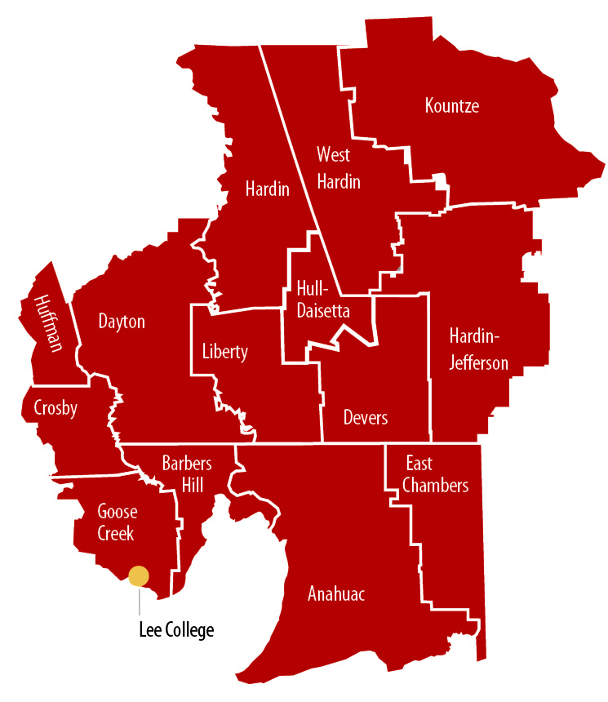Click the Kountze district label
coord(451,106)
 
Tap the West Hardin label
coord(338,167)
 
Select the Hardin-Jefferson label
coord(479,349)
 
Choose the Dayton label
coord(122,322)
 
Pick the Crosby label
coord(55,407)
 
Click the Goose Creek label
coord(118,522)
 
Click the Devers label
coord(366,418)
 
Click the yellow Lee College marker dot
coord(139,576)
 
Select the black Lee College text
coord(175,630)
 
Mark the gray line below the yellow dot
coord(140,602)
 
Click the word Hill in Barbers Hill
coord(187,485)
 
